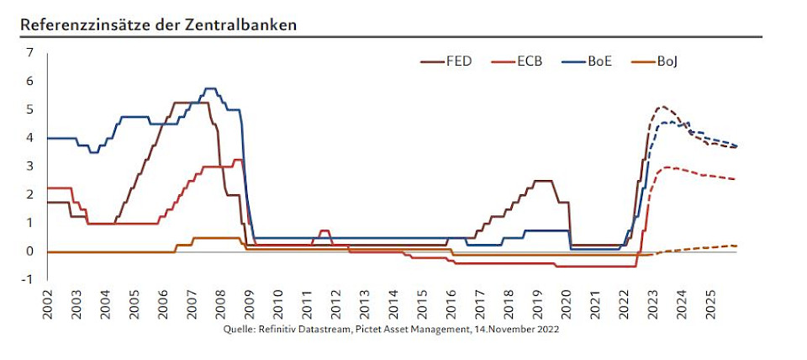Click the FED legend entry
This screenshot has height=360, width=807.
[x=459, y=61]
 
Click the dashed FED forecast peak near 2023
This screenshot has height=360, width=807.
[x=662, y=107]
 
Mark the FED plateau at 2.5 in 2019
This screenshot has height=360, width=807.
[x=543, y=181]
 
